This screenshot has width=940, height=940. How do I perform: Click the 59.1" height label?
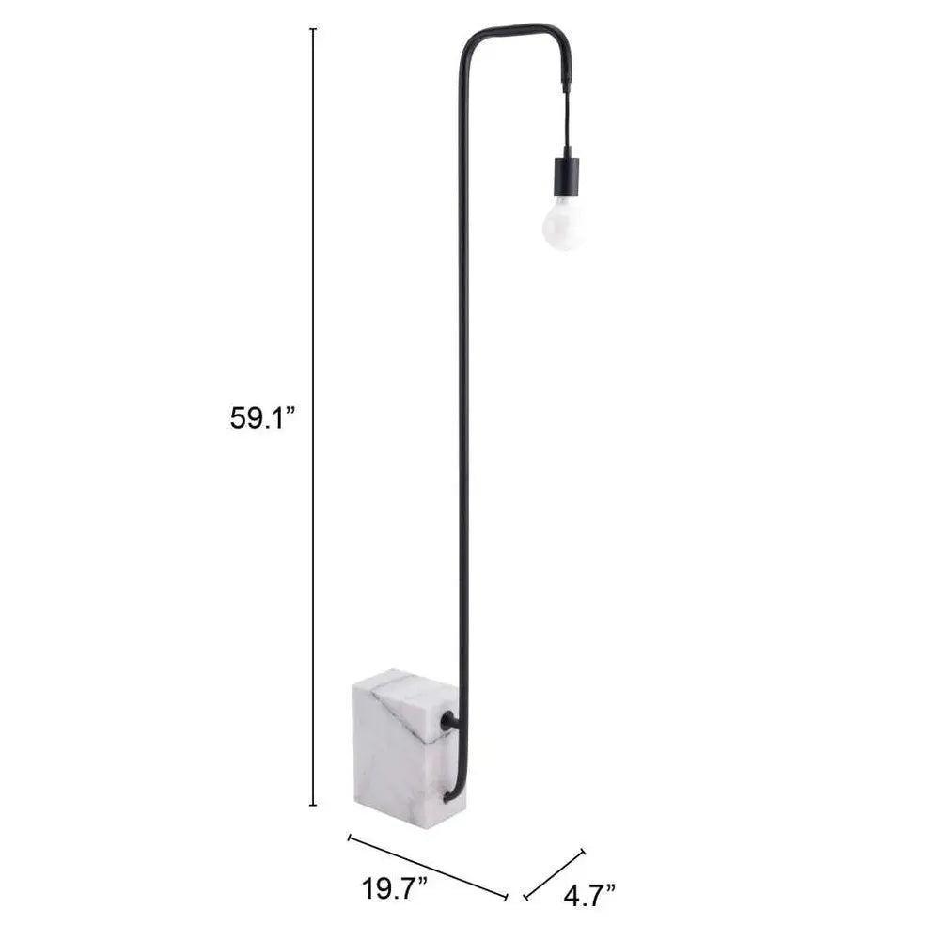[x=262, y=417]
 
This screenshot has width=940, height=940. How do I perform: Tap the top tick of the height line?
[x=313, y=30]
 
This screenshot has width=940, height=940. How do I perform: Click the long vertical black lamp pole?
[x=463, y=376]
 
